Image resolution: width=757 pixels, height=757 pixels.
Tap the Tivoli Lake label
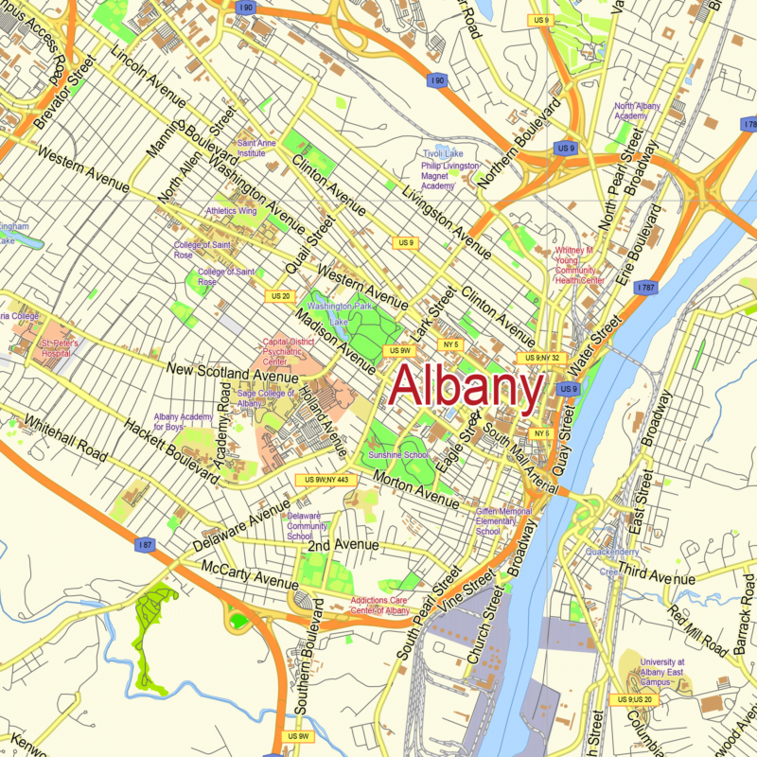click(443, 153)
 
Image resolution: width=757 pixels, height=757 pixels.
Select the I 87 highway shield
click(145, 545)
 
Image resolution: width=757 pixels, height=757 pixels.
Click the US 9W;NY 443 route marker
click(327, 480)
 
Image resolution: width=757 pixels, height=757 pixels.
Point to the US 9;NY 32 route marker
click(541, 358)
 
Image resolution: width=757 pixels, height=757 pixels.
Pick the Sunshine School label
click(398, 455)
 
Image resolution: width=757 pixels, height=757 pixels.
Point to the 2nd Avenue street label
click(343, 546)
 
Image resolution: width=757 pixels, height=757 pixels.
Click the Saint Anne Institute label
click(256, 147)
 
